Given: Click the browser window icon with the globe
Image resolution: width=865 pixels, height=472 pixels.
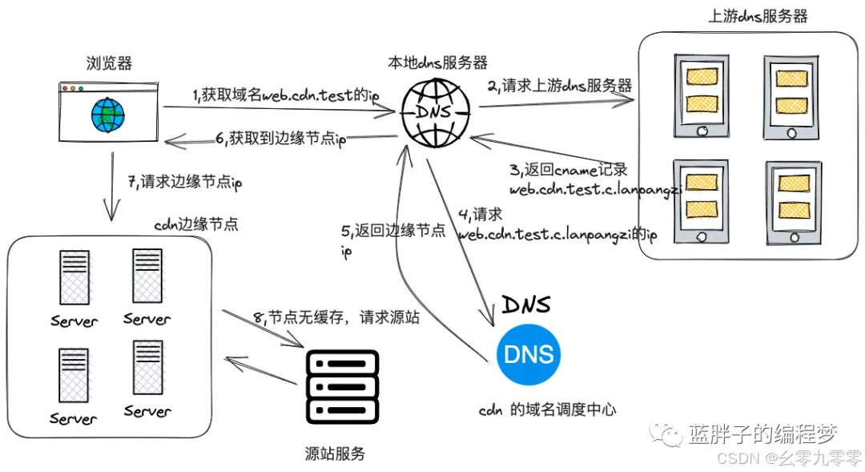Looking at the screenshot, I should [109, 109].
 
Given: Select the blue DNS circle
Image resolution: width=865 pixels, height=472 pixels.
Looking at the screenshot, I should [528, 354].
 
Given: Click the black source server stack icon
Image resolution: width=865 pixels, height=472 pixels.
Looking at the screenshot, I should [342, 385].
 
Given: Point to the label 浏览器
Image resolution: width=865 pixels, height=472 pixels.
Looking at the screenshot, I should [109, 63].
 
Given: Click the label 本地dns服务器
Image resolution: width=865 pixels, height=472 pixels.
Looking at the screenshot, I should [437, 62].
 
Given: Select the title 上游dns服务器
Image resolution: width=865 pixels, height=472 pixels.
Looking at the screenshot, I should [758, 16].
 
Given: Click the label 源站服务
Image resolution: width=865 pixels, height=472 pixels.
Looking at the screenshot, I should [336, 454].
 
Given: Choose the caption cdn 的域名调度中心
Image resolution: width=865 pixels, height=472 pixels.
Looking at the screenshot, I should [548, 409].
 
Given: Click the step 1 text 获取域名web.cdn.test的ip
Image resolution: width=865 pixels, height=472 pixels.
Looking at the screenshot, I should [285, 95].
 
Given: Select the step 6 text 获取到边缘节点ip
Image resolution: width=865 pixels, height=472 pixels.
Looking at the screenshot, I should [280, 139].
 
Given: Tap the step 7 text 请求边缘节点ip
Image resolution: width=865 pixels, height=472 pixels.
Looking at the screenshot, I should [185, 183].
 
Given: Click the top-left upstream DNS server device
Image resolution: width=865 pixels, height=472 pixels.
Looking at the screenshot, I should [701, 96].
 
